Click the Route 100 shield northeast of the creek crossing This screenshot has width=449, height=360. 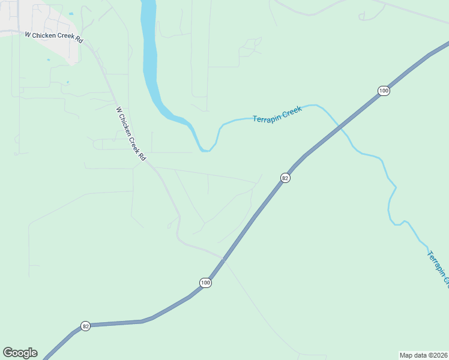pos(384,91)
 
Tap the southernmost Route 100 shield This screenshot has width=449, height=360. pos(205,283)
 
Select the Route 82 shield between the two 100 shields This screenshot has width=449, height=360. pos(285,178)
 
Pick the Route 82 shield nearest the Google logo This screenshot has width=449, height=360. pos(86,326)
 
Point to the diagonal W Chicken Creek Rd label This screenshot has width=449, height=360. pos(131,133)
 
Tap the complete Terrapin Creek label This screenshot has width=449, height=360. pos(277,113)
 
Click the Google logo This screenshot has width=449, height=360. pos(20,353)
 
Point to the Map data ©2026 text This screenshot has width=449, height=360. pos(423,355)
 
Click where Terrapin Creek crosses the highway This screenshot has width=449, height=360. pos(340,127)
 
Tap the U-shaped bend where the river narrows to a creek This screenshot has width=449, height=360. pos(206,148)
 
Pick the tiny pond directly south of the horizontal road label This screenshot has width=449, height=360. pos(48,59)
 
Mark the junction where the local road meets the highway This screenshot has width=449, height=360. pos(223,260)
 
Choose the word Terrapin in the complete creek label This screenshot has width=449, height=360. pos(265,116)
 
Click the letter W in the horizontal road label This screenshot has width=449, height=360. pos(28,35)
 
